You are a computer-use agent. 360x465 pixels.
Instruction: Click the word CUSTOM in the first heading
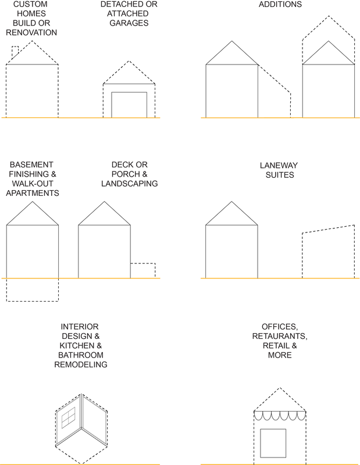[31, 4]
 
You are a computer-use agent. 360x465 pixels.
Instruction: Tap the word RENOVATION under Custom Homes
[31, 33]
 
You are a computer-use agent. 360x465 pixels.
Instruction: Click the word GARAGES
[129, 23]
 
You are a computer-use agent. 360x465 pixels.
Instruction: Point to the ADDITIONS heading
[280, 4]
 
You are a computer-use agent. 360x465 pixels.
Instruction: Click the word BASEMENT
[31, 165]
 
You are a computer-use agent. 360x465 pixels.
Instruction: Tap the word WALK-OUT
[32, 184]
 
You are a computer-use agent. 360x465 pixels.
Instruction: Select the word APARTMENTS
[32, 193]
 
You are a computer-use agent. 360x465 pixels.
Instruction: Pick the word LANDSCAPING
[129, 184]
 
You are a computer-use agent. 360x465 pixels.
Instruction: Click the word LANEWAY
[279, 165]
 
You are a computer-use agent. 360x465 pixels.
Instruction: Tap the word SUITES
[279, 174]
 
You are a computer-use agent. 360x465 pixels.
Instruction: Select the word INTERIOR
[80, 327]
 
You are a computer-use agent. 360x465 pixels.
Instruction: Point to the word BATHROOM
[80, 355]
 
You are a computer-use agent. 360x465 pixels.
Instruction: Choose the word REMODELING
[80, 364]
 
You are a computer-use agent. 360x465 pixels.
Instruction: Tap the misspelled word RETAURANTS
[280, 337]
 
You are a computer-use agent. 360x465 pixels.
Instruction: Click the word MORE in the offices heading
[280, 355]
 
